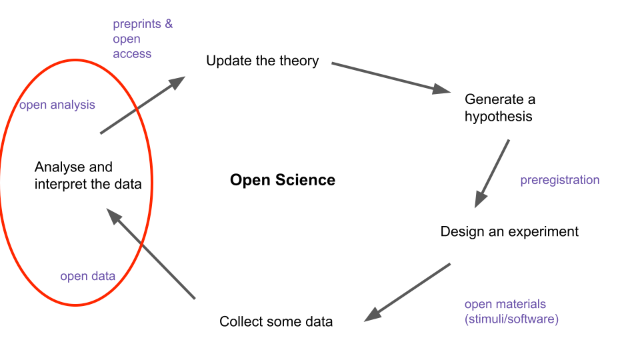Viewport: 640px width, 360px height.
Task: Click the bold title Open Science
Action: point(283,180)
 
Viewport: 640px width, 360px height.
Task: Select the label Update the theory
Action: point(263,61)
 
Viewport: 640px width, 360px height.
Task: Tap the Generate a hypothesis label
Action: point(499,108)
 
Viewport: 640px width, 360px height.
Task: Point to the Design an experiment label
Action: point(509,232)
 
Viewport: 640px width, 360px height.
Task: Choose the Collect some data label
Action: point(276,322)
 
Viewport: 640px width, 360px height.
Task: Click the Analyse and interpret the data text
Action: point(88,175)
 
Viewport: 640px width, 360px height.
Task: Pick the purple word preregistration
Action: point(560,180)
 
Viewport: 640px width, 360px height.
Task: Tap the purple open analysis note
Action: point(57,105)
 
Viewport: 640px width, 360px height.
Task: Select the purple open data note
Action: point(88,276)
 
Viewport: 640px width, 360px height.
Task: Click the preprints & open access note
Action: point(142,39)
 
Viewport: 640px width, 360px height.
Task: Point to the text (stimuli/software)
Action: point(511,319)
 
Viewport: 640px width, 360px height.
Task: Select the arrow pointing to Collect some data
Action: point(407,292)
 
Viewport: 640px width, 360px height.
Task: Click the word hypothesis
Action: point(499,117)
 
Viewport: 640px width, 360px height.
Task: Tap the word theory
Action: point(299,61)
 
